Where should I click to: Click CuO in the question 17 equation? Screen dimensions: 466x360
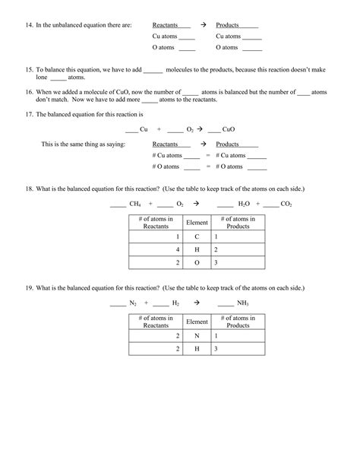tap(230, 129)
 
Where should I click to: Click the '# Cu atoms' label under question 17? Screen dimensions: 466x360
tap(167, 155)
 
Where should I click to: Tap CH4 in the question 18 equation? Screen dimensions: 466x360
tap(135, 204)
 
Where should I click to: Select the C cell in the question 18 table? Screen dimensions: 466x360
tap(197, 236)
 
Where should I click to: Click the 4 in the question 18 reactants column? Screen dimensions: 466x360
tap(178, 249)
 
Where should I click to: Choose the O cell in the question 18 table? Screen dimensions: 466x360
tap(197, 262)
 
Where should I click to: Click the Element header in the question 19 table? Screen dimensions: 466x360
tap(197, 322)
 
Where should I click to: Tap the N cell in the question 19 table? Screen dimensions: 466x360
tap(197, 335)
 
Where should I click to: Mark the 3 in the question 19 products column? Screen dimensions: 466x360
tap(216, 348)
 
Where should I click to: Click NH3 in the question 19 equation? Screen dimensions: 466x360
tap(242, 303)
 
